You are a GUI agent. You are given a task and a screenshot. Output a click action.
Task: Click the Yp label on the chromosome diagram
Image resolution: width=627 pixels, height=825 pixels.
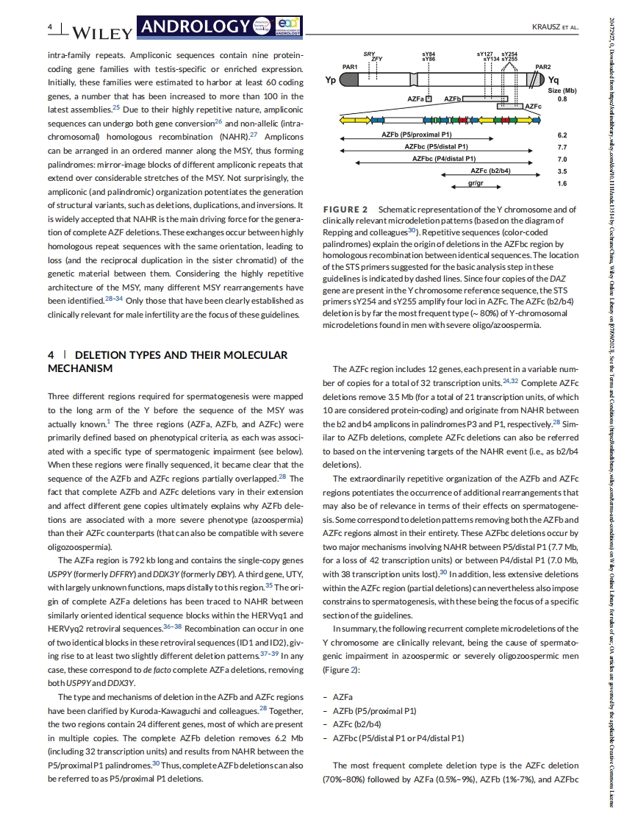tap(331, 81)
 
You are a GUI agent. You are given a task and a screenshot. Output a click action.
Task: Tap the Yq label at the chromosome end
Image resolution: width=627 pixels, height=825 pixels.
tap(553, 81)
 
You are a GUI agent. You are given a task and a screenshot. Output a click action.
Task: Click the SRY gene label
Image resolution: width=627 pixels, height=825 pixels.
tap(369, 54)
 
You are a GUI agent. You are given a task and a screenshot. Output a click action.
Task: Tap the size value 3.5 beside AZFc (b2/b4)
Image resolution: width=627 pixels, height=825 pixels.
tap(562, 171)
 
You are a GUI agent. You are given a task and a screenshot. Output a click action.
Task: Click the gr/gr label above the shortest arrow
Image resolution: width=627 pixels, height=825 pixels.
tap(475, 182)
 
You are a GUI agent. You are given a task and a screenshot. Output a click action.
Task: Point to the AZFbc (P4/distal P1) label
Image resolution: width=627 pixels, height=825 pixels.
tap(444, 159)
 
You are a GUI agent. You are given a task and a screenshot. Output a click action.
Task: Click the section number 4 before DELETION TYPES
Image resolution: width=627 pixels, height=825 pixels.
tap(51, 355)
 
